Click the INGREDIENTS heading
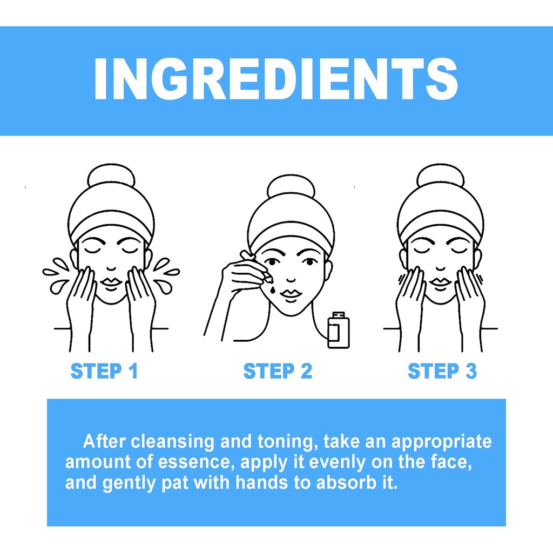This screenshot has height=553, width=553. click(276, 79)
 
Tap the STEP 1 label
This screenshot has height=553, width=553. click(104, 371)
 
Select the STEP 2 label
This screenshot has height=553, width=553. click(278, 371)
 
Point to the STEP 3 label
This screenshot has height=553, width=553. click(442, 371)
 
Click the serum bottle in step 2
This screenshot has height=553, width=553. click(339, 330)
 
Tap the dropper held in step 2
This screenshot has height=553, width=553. click(256, 266)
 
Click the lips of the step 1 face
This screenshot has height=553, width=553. click(111, 282)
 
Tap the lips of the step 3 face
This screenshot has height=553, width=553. click(441, 282)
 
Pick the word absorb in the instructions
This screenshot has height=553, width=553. click(348, 482)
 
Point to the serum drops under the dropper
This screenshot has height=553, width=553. click(273, 289)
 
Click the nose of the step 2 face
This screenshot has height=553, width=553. click(291, 279)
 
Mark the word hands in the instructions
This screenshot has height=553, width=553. click(262, 482)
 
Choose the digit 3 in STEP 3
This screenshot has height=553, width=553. click(471, 371)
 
